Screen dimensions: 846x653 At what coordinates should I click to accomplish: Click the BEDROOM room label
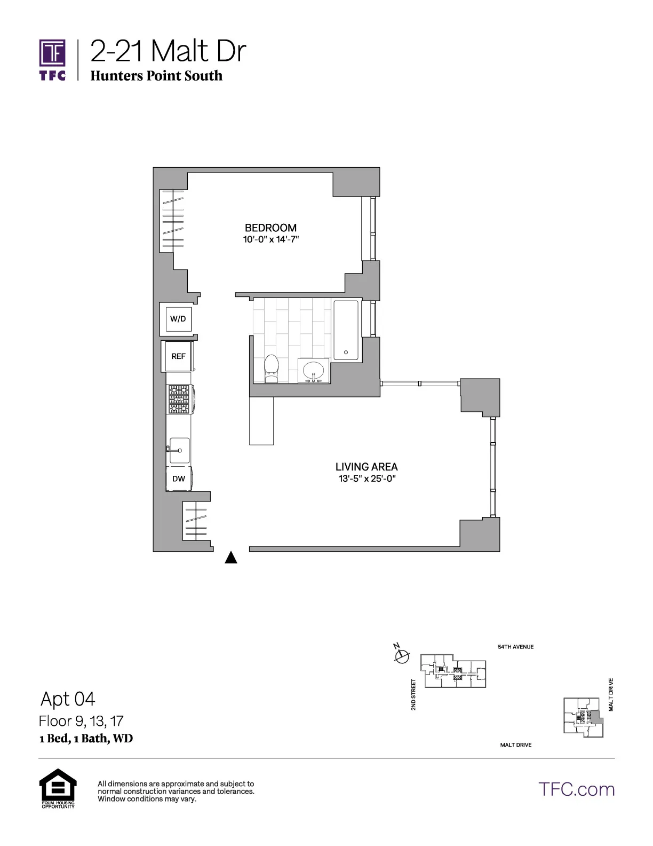click(270, 228)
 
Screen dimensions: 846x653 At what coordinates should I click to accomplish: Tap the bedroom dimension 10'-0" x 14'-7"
click(270, 239)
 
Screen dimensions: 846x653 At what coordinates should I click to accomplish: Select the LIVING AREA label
click(367, 467)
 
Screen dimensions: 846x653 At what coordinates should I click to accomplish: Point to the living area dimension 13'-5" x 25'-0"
click(367, 479)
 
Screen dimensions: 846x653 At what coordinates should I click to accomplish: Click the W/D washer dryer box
click(178, 319)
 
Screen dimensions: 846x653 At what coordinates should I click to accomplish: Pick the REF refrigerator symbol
click(178, 356)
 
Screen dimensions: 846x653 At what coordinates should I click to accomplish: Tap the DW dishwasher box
click(179, 479)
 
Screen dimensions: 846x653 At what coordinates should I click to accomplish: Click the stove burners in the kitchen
click(179, 399)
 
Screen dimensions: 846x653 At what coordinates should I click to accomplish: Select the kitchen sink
click(179, 450)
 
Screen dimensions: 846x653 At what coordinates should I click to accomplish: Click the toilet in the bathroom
click(272, 369)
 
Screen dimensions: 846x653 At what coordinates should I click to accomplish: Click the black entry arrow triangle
click(230, 558)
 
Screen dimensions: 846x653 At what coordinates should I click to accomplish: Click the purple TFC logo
click(52, 59)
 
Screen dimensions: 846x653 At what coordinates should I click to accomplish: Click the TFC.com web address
click(576, 789)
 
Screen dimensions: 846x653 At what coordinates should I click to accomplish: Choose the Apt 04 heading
click(68, 699)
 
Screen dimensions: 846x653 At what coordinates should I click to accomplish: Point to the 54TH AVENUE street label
click(515, 647)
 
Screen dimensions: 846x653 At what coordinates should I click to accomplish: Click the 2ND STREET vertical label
click(413, 694)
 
